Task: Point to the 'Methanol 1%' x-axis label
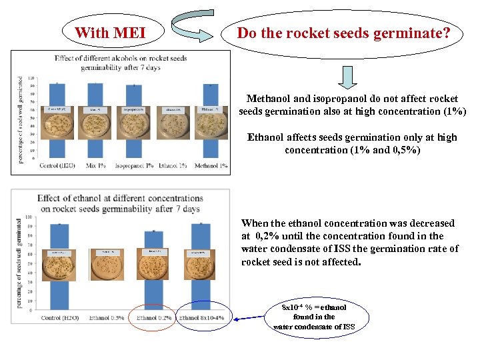coord(211,165)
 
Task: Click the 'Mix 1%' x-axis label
coord(96,165)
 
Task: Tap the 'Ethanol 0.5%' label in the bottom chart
coord(107,318)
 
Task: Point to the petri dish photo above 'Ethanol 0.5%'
coord(106,263)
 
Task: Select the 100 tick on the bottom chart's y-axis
coord(29,217)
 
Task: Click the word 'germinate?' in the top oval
coord(413,32)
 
